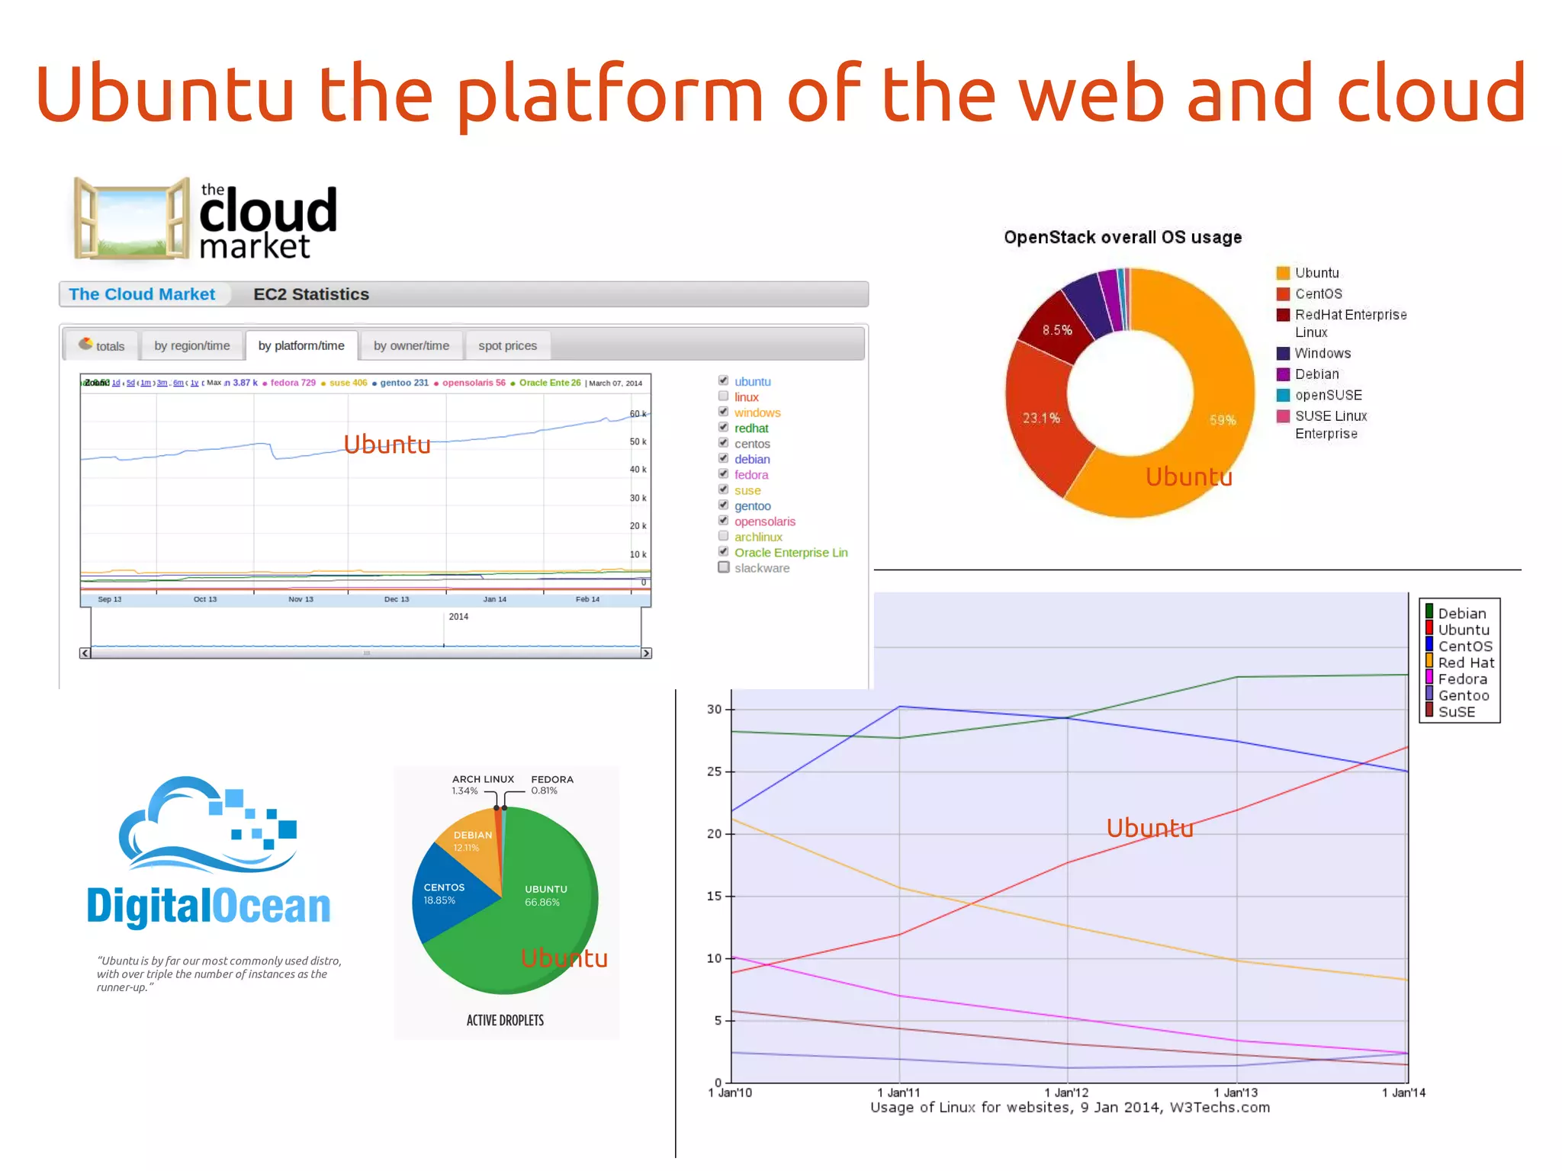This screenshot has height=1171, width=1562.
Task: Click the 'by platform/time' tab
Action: tap(301, 345)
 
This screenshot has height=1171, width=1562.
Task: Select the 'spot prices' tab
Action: tap(507, 345)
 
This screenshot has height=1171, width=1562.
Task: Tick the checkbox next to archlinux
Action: tap(723, 536)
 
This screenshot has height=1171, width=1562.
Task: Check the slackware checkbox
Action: tap(723, 567)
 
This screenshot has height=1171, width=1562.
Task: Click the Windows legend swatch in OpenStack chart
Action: tap(1283, 353)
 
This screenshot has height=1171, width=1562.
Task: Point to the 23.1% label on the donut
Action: tap(1041, 418)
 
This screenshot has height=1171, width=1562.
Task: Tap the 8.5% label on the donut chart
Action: tap(1057, 330)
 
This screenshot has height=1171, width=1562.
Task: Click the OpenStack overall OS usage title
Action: tap(1122, 237)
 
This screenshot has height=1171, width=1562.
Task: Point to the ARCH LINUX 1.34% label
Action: tap(482, 784)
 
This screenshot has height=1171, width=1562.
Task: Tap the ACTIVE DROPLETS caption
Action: tap(505, 1020)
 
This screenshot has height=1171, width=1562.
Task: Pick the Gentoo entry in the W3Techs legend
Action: tap(1462, 695)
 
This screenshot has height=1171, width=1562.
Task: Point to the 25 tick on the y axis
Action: tap(714, 772)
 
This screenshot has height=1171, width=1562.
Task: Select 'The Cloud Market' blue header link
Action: tap(142, 294)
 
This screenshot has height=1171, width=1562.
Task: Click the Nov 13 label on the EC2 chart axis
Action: tap(301, 599)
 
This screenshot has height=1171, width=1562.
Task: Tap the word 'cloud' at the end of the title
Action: tap(1432, 93)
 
